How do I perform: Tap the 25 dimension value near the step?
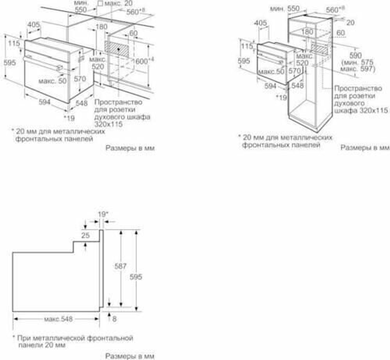pos(85,235)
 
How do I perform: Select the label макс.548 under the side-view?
pos(58,319)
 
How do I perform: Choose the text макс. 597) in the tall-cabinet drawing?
pos(357,69)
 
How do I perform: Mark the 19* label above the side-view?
pos(103,214)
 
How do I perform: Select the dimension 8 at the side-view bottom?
pos(114,319)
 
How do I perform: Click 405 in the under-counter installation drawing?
pos(34,25)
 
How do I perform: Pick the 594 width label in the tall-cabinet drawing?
pos(270,86)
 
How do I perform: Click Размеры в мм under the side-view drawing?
pos(130,356)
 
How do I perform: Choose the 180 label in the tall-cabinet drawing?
pos(307,32)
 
